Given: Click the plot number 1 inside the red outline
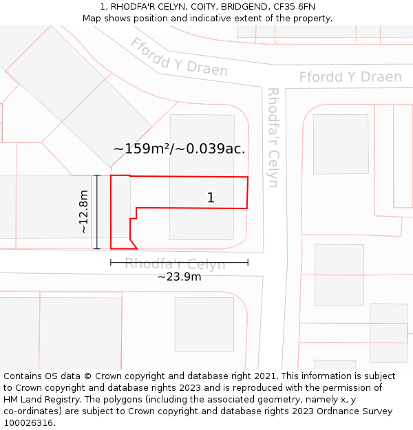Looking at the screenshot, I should tap(211, 198).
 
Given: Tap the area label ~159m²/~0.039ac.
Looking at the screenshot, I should tap(179, 148).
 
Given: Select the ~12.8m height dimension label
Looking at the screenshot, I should tap(84, 211).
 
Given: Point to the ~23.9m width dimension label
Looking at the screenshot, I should tap(179, 277).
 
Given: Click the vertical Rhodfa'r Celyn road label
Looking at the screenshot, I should tap(273, 138).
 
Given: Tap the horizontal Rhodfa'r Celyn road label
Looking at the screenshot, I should tap(175, 264).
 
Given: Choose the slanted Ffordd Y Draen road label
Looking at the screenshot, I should tap(178, 57).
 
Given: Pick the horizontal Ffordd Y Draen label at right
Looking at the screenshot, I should tap(350, 77).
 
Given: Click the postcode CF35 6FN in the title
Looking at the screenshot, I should tap(295, 7).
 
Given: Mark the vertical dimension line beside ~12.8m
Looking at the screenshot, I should tap(97, 211).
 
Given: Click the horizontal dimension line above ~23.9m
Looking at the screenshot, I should tap(179, 262).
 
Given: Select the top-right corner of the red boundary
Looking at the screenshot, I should tap(248, 178).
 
